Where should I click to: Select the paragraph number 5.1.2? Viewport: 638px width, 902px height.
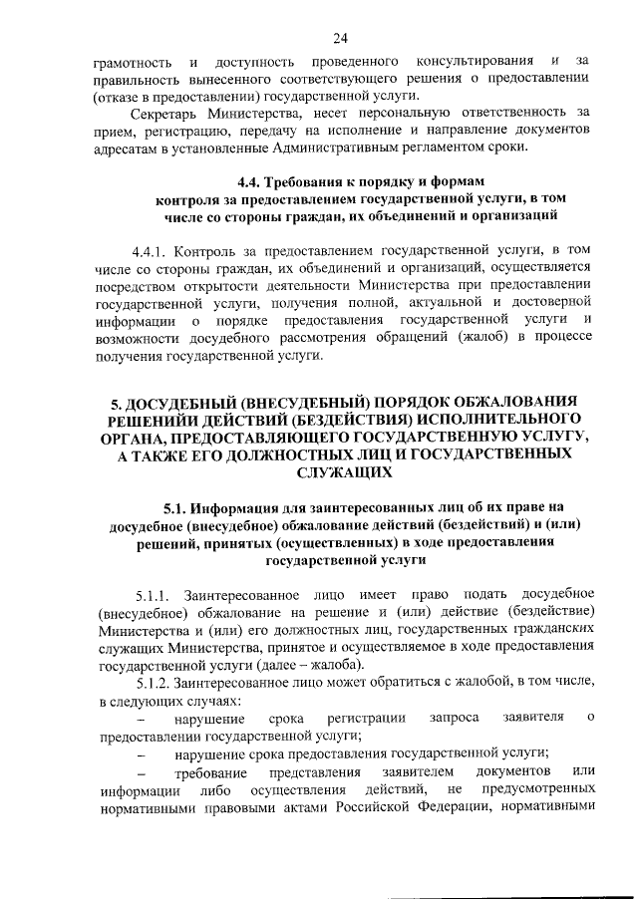[x=152, y=683]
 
